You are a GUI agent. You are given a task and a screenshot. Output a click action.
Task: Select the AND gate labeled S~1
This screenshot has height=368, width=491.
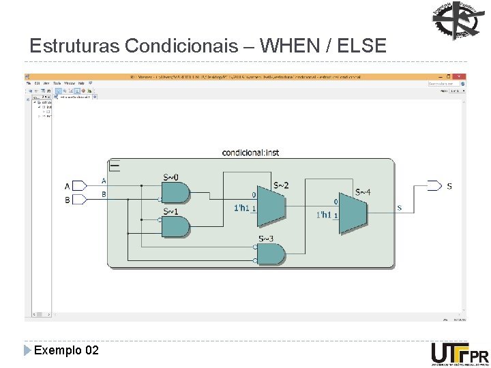(x=175, y=226)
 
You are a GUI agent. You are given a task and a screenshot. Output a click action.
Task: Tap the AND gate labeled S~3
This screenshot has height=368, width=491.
(x=271, y=254)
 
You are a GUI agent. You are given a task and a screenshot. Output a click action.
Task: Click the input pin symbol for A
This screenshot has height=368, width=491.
(x=79, y=185)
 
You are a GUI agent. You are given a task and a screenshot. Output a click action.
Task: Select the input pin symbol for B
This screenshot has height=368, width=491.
(x=79, y=200)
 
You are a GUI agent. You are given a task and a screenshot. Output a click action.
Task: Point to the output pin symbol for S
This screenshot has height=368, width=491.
(x=434, y=185)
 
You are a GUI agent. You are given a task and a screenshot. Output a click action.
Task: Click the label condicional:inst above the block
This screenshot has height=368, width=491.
(x=250, y=153)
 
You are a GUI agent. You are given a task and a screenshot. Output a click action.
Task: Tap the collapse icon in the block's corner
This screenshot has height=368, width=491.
(x=115, y=166)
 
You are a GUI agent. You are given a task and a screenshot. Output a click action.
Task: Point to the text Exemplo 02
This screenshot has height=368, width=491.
(x=66, y=350)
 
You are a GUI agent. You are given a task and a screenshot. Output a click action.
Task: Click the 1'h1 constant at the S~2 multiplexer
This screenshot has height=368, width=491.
(x=241, y=208)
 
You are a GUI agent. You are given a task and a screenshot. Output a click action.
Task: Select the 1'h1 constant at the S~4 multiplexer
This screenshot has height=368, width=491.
(x=323, y=215)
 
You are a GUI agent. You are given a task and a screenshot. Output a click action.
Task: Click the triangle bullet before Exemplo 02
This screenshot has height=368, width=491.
(x=27, y=350)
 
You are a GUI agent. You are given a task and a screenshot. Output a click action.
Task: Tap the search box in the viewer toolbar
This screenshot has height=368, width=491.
(x=444, y=83)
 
